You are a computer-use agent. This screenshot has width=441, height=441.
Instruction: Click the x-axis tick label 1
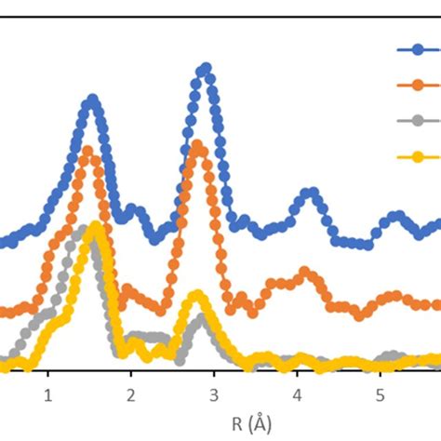click(x=48, y=395)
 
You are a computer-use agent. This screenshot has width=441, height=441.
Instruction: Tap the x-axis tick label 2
click(x=131, y=395)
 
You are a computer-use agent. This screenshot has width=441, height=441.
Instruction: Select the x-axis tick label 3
click(x=214, y=395)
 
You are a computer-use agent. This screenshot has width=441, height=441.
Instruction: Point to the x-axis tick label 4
click(x=297, y=395)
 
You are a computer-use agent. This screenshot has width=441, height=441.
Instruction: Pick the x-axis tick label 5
click(x=380, y=395)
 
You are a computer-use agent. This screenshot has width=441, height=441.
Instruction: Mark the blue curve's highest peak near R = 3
click(x=205, y=69)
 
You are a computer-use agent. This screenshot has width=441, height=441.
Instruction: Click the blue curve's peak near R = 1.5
click(x=91, y=100)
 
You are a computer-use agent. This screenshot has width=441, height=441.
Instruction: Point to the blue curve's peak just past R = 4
click(x=310, y=194)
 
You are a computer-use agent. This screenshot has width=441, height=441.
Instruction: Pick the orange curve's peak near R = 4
click(x=303, y=273)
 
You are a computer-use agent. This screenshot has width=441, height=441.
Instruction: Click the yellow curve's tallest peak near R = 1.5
click(x=93, y=227)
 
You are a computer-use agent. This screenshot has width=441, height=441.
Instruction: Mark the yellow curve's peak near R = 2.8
click(x=196, y=296)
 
